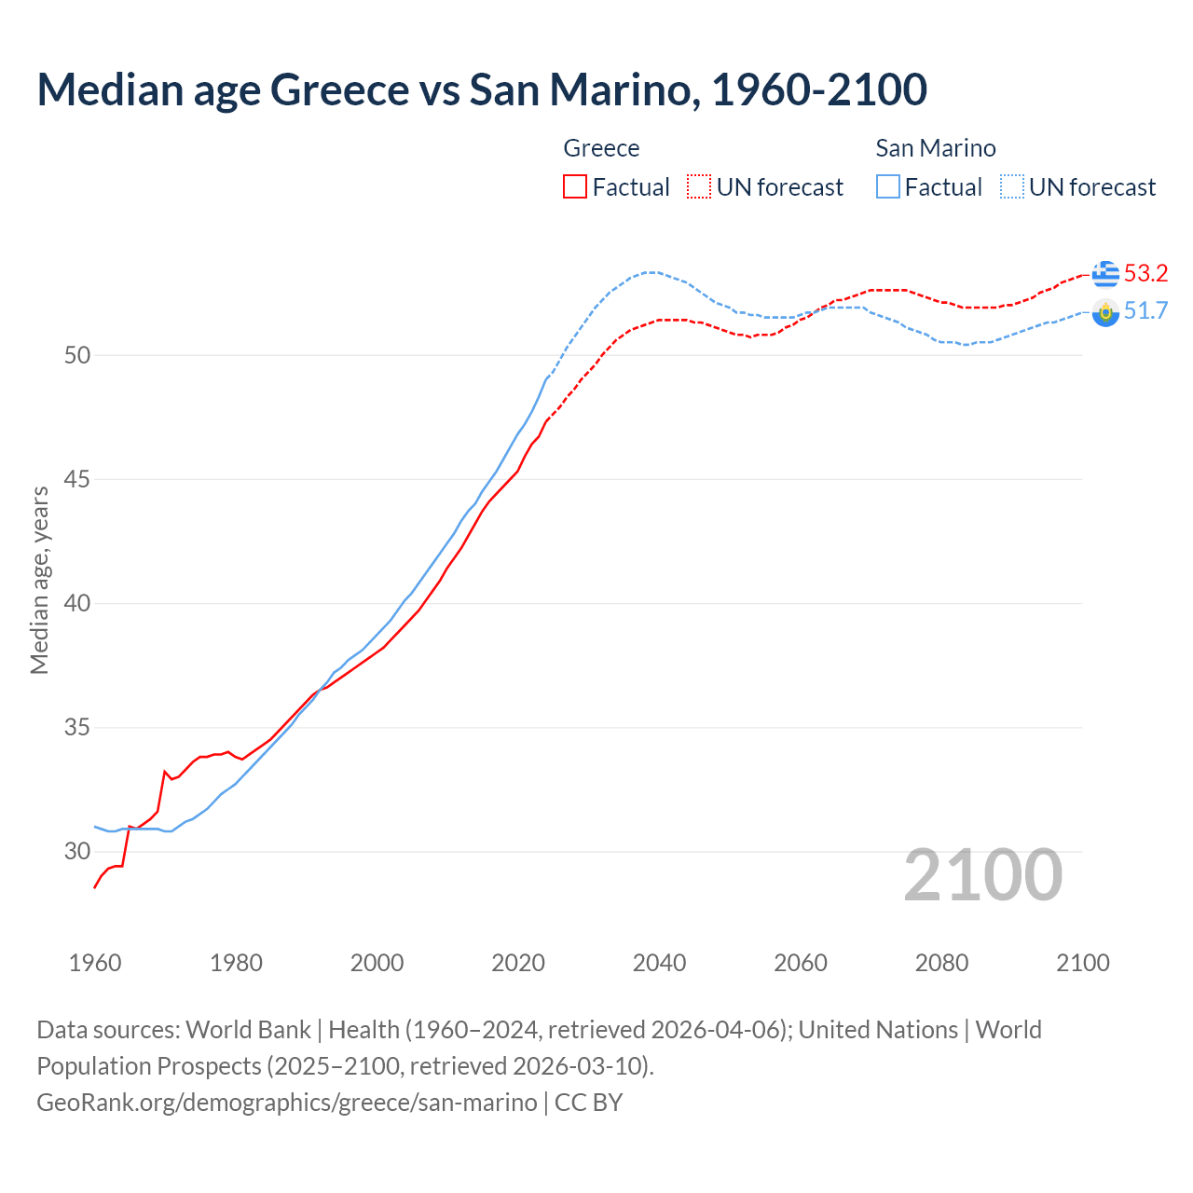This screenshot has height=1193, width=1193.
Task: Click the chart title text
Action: [482, 89]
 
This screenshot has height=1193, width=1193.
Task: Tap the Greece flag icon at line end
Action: [1105, 274]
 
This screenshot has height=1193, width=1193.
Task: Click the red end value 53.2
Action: [1145, 274]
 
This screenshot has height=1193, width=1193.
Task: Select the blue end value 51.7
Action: [1145, 311]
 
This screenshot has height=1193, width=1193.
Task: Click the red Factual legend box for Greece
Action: [575, 187]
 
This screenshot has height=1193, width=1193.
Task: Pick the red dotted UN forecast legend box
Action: [699, 187]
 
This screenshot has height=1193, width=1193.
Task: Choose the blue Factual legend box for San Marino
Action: [888, 187]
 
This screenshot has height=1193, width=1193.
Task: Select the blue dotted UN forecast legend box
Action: [1012, 187]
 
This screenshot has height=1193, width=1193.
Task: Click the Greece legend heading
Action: [601, 148]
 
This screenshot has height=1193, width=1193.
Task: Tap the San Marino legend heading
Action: [936, 148]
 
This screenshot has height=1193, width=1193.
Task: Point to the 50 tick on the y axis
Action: [77, 355]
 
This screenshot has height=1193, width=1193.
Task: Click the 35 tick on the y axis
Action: [77, 727]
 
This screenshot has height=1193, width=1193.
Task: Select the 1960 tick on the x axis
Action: [95, 963]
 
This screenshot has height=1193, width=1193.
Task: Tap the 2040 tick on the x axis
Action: [659, 963]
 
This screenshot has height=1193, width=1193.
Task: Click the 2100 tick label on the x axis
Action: [1082, 963]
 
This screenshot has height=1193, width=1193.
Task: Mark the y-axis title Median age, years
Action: [39, 580]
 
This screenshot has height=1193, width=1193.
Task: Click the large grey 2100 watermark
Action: [982, 875]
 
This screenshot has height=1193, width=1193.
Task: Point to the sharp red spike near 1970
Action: [165, 772]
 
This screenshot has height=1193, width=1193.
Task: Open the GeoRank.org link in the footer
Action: [286, 1103]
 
